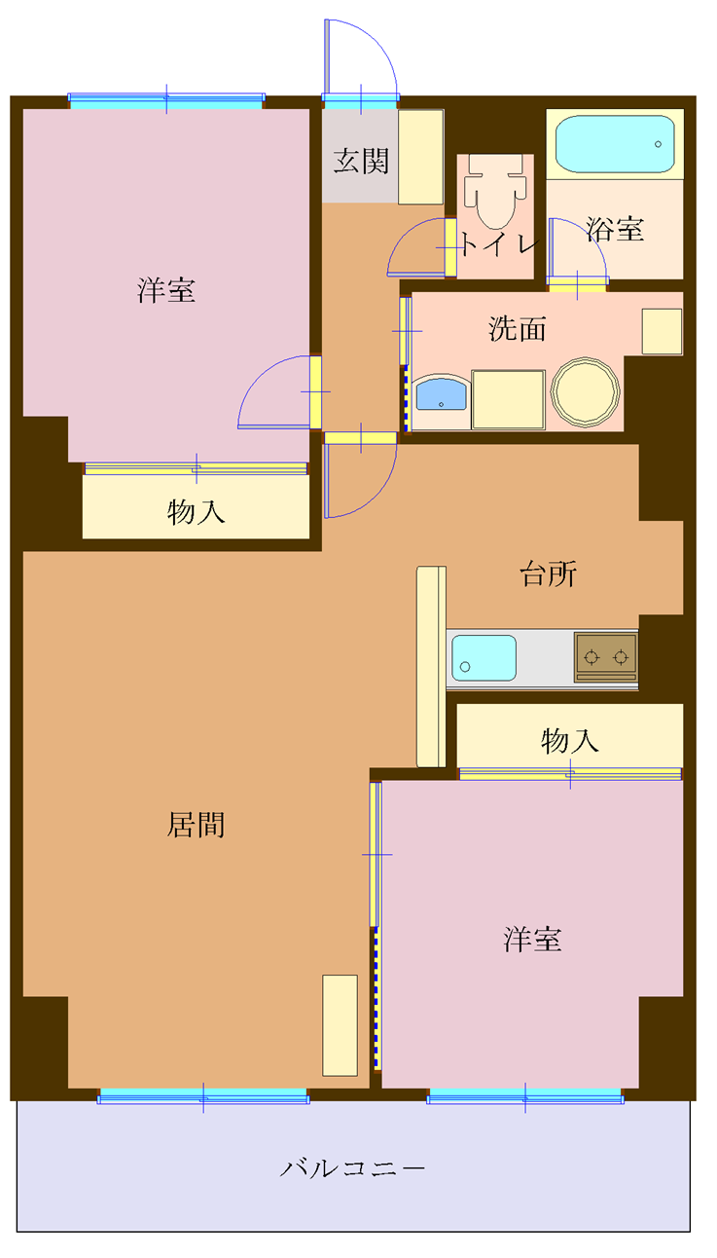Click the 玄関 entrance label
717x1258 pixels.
(361, 162)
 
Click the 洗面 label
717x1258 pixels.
(517, 329)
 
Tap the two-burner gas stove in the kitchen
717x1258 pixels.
(605, 656)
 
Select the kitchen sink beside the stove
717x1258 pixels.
(484, 657)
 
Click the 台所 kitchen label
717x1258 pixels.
(548, 574)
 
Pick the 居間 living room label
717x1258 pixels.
(197, 826)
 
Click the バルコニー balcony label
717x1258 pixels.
(353, 1167)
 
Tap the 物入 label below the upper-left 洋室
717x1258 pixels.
(196, 512)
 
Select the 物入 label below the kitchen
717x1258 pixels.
(570, 741)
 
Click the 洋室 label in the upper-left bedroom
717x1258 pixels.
(165, 289)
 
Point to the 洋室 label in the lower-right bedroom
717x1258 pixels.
(532, 940)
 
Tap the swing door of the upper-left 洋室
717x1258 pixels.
(277, 392)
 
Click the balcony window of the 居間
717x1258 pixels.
(203, 1096)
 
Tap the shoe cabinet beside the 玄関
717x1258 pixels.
(421, 157)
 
